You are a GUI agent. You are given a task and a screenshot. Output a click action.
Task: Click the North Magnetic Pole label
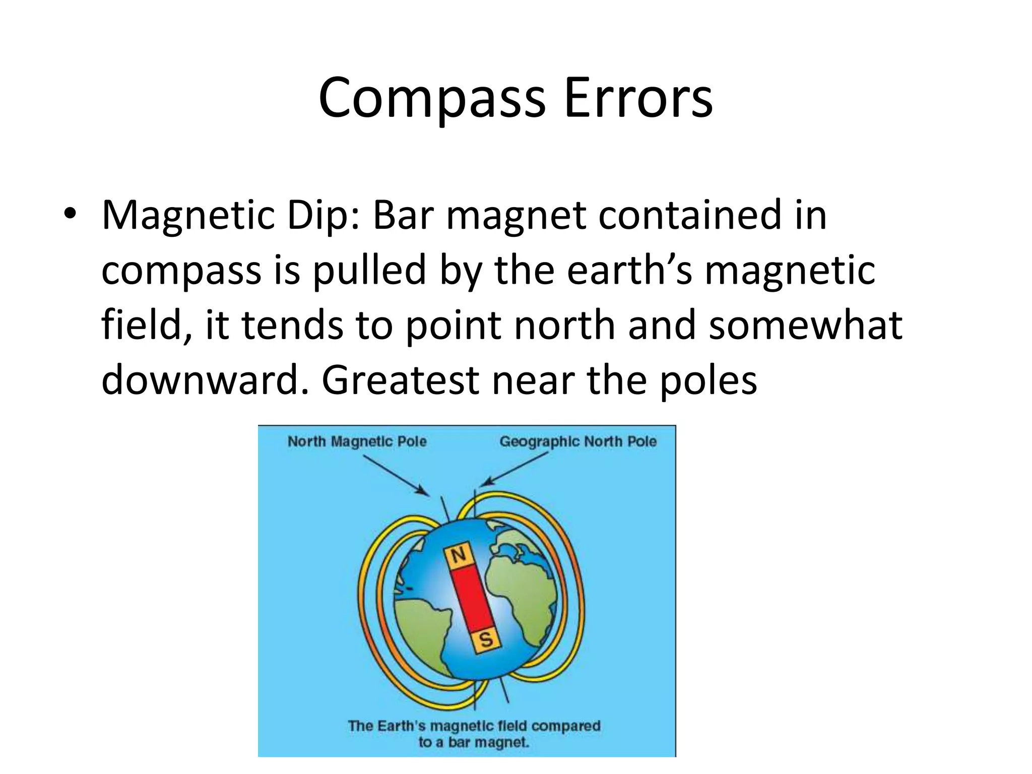pyautogui.click(x=357, y=442)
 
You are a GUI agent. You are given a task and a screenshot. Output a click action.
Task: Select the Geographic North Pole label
pyautogui.click(x=578, y=442)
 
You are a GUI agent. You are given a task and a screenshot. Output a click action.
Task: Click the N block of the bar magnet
pyautogui.click(x=458, y=556)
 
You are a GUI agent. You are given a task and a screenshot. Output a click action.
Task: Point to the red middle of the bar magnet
pyautogui.click(x=472, y=597)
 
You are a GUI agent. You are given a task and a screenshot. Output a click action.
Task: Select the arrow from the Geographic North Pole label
pyautogui.click(x=514, y=468)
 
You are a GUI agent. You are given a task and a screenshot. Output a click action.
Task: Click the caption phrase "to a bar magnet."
pyautogui.click(x=474, y=742)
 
